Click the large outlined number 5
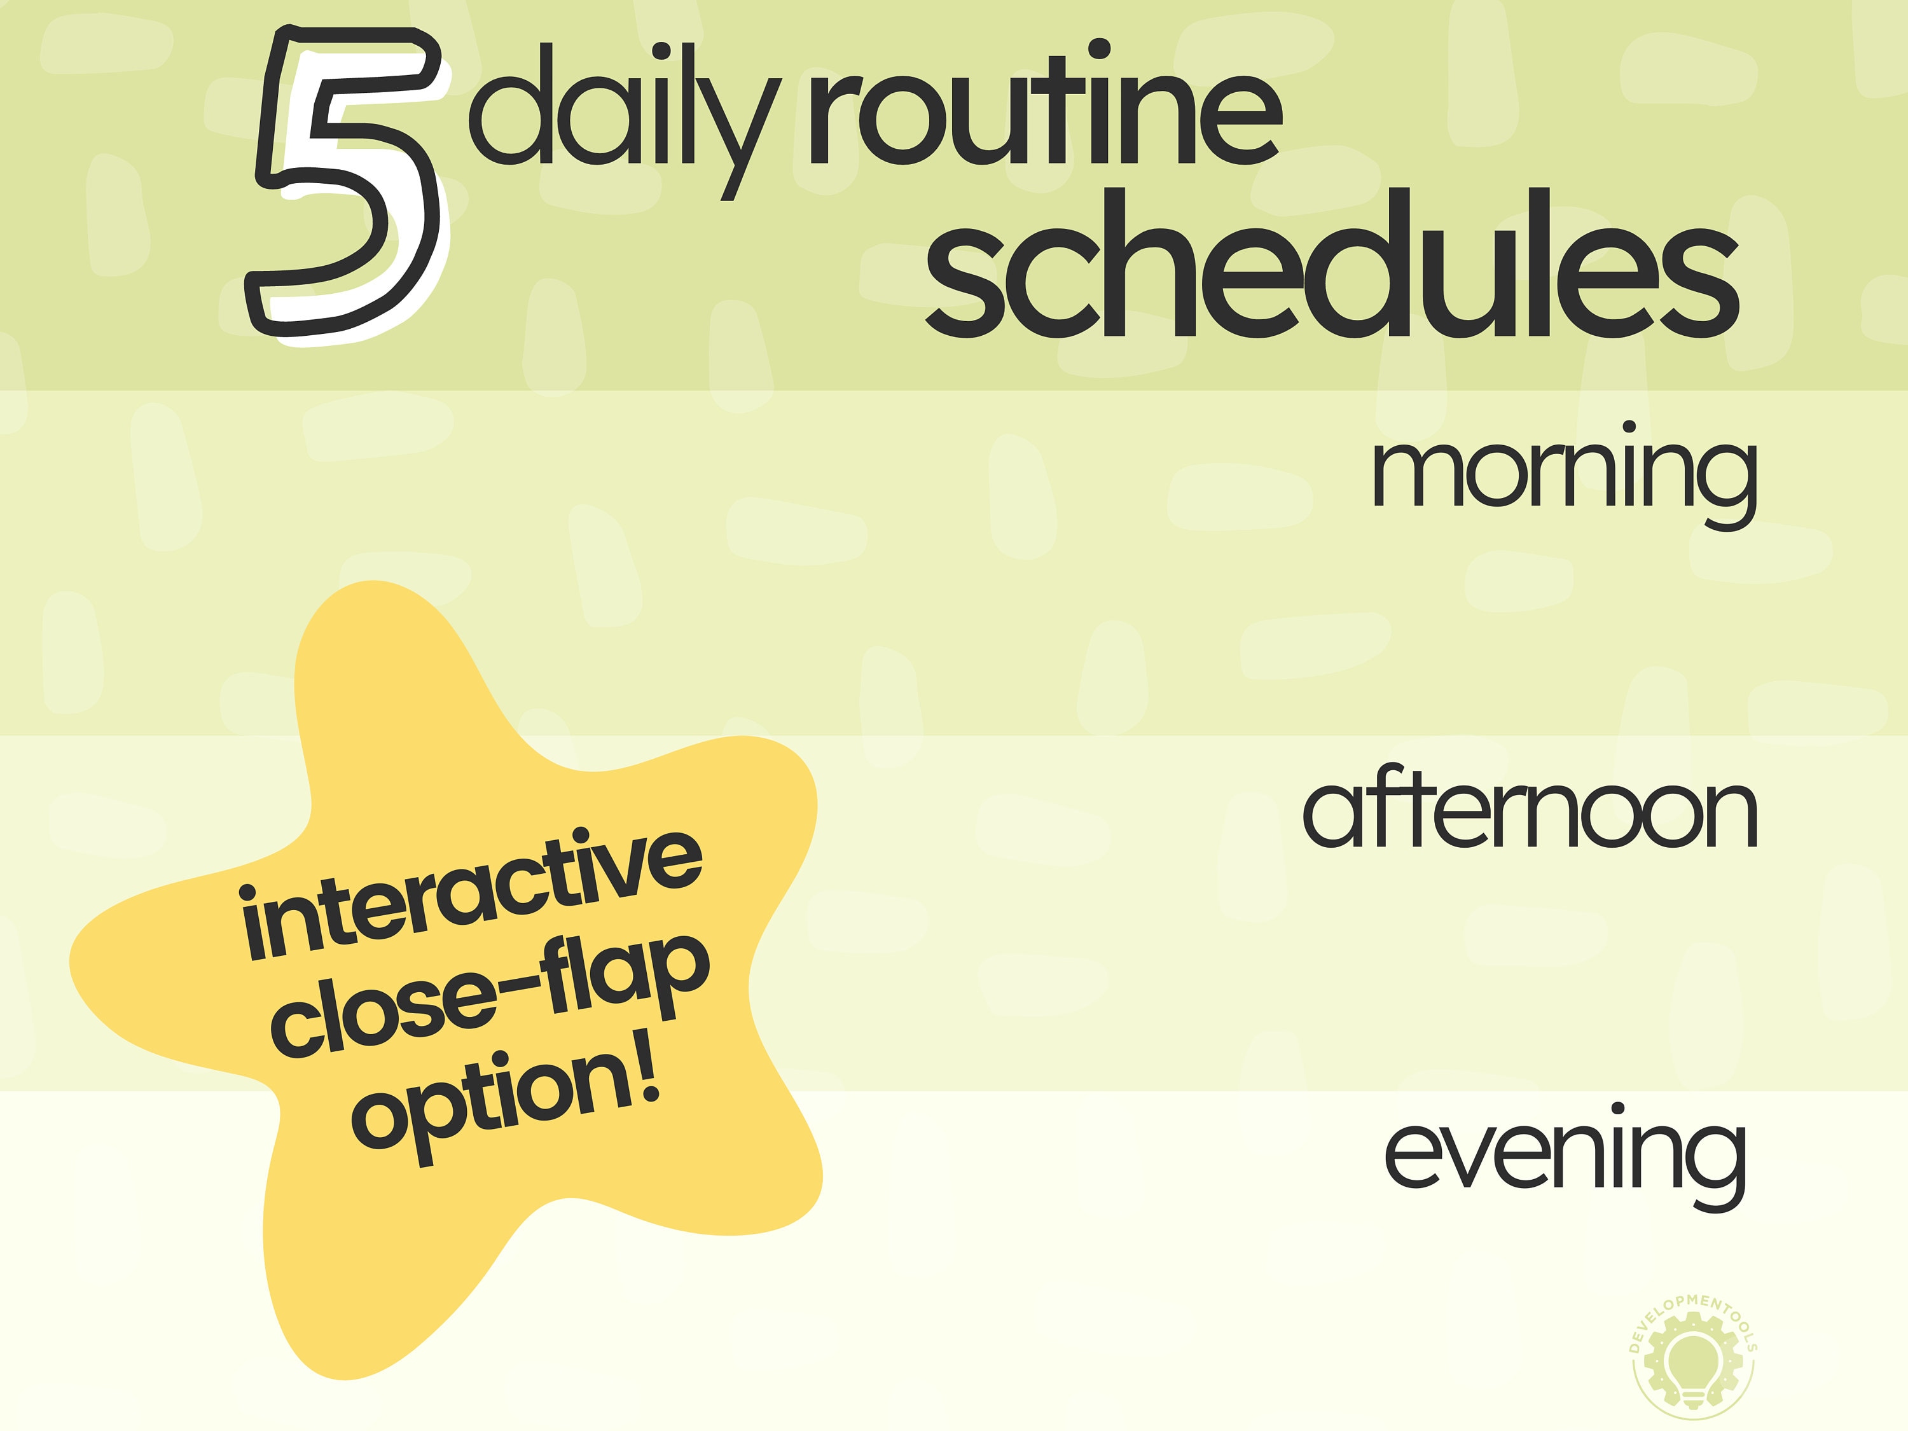[345, 186]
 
